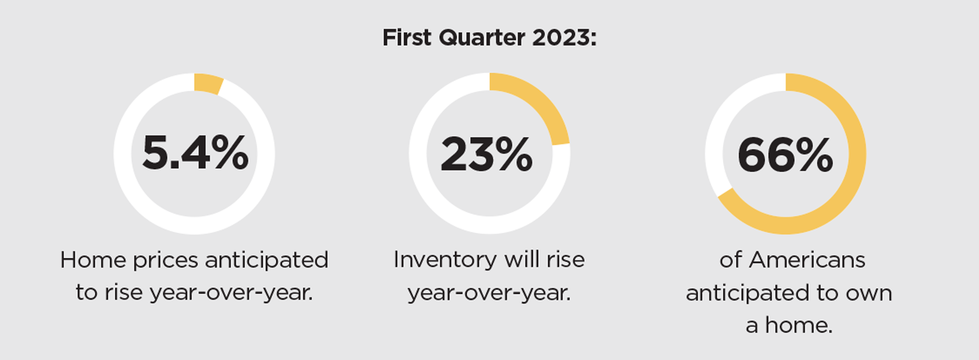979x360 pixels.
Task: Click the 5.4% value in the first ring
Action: [x=195, y=153]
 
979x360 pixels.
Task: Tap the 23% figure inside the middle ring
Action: [x=487, y=154]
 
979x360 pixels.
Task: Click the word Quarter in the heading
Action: [x=482, y=38]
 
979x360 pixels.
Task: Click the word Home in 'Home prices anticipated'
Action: [x=92, y=260]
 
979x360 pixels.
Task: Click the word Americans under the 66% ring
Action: [x=807, y=260]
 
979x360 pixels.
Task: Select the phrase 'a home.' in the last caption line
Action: [x=789, y=326]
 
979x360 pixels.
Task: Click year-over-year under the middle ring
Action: [x=489, y=294]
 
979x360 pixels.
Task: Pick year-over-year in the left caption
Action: [x=231, y=294]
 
